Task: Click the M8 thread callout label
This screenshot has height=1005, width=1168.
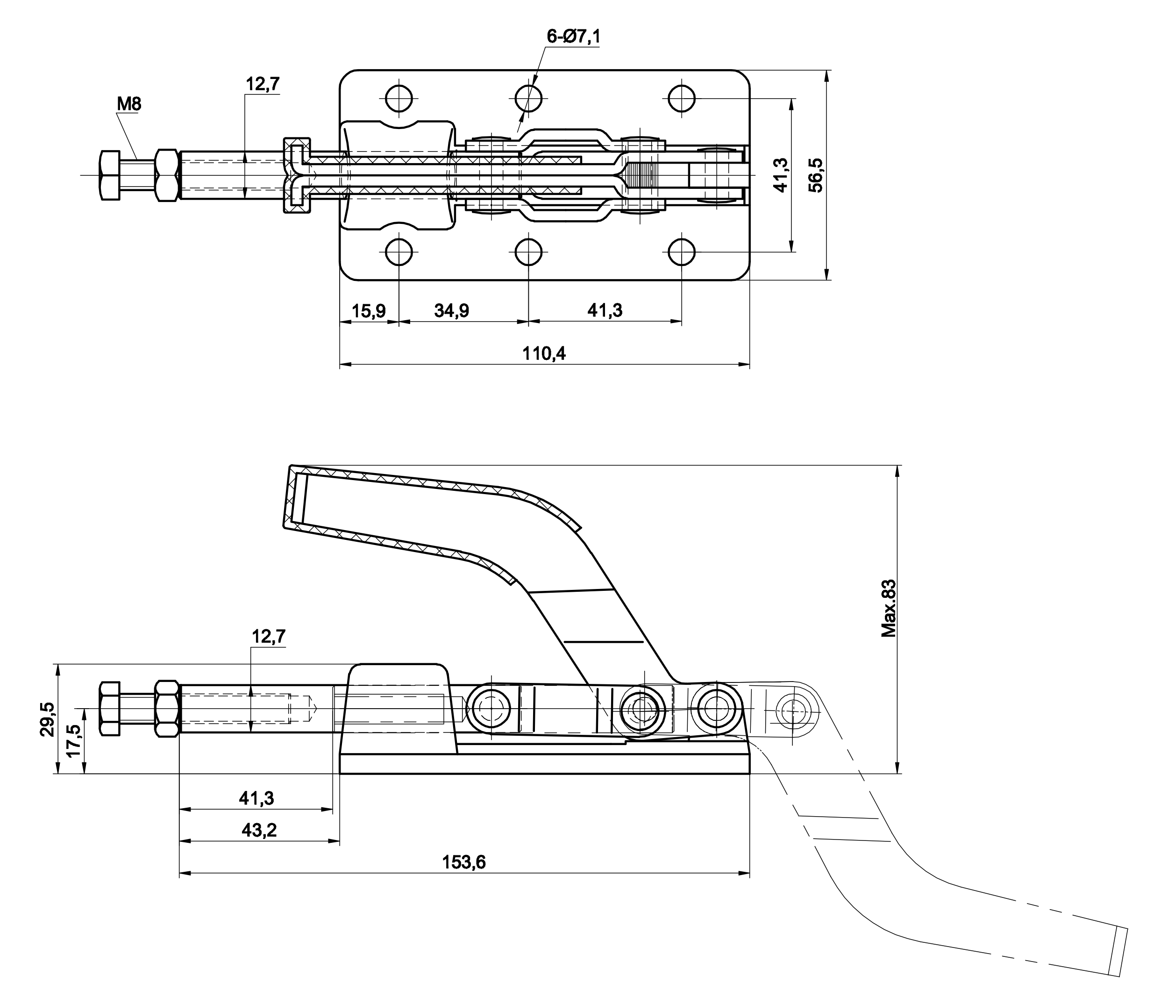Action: pos(129,104)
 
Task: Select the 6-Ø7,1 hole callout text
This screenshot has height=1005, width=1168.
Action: pos(573,36)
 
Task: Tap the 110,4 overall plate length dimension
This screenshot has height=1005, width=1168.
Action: pos(544,353)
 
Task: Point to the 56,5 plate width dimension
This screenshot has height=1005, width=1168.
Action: pos(816,175)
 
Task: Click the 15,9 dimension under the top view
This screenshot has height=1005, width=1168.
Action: pos(369,311)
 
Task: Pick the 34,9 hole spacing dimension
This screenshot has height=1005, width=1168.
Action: pos(451,311)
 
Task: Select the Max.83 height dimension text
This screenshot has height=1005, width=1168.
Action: pos(889,609)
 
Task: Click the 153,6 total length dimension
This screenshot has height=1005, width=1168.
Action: pos(463,862)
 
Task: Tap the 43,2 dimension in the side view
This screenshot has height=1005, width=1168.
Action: pos(259,830)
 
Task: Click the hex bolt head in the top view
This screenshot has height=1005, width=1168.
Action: pos(110,175)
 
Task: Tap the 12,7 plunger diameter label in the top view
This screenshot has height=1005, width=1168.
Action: pos(262,84)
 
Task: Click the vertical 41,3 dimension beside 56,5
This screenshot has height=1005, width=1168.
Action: pos(781,175)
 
